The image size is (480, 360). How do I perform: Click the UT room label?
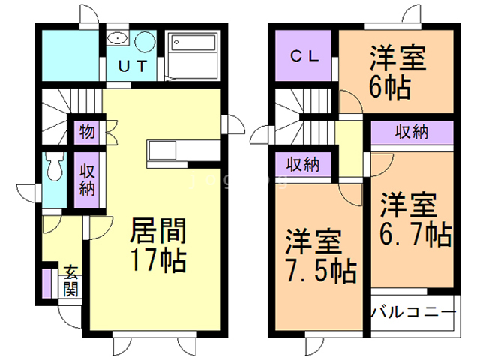click(x=132, y=66)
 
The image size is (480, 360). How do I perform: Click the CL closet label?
click(x=304, y=55)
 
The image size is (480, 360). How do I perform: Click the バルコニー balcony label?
click(x=413, y=311)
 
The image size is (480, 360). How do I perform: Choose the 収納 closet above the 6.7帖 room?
click(x=411, y=133)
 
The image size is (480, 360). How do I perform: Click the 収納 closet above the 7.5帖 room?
click(x=304, y=163)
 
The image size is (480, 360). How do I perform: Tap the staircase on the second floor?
click(x=298, y=112)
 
